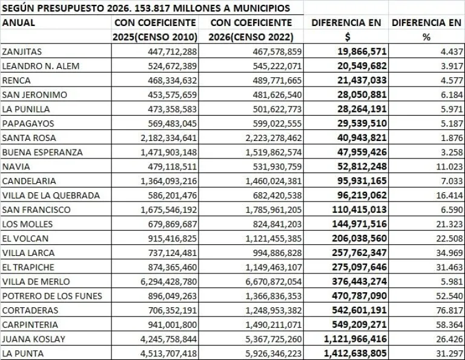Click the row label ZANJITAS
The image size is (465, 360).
(x=22, y=51)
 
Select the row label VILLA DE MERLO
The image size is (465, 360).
(x=36, y=281)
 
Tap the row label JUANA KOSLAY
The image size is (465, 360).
(x=33, y=339)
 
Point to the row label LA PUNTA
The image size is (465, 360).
(x=24, y=353)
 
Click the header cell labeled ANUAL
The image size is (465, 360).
(x=19, y=23)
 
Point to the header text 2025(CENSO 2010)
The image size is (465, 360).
(x=155, y=37)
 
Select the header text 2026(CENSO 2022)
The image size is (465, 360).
(x=255, y=37)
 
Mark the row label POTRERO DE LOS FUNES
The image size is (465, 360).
(x=52, y=296)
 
